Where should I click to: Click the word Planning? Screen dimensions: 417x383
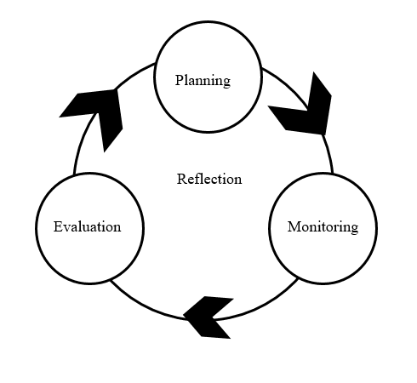203,81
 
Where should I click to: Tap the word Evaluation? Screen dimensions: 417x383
88,226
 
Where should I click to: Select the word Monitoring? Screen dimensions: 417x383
323,227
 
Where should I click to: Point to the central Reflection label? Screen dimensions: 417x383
209,179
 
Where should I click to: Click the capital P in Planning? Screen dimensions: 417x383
180,79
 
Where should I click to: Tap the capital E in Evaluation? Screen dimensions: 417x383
59,226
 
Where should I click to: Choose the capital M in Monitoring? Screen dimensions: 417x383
294,226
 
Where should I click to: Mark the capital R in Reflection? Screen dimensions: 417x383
182,179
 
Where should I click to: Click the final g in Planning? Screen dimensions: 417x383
226,83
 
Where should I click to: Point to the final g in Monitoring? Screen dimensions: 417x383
354,229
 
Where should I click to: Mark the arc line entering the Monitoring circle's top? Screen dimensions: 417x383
328,153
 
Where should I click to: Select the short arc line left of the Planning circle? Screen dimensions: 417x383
134,74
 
